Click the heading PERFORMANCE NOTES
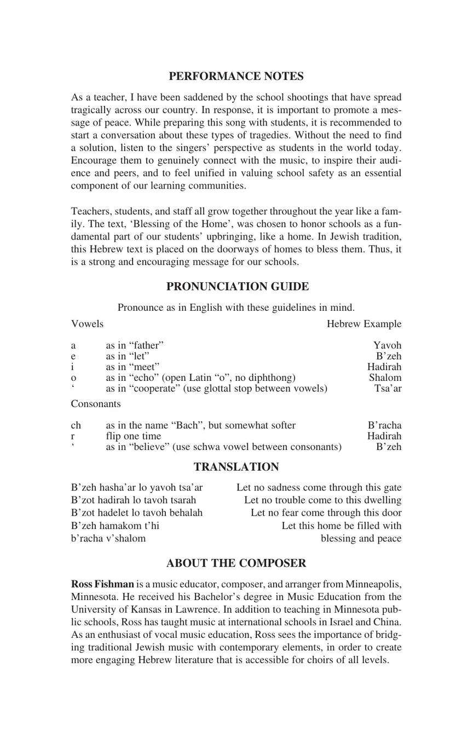click(236, 76)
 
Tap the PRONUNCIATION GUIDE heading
click(237, 287)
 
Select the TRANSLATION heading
click(236, 467)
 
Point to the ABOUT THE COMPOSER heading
click(236, 563)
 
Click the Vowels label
click(87, 324)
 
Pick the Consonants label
click(96, 404)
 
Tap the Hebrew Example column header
click(364, 324)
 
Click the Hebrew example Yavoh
click(387, 345)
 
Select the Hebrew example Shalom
click(385, 378)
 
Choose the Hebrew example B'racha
click(384, 425)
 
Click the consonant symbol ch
click(76, 425)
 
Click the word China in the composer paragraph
click(387, 622)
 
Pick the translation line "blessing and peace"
click(361, 538)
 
